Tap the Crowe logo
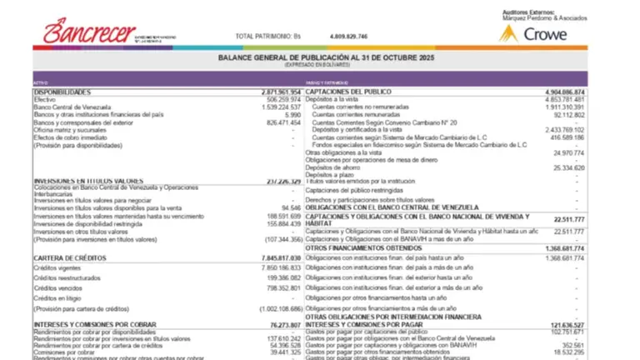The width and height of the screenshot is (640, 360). (533, 34)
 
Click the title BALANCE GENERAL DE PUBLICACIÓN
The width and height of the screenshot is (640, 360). (320, 57)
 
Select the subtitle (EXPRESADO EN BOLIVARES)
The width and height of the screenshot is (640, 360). (320, 64)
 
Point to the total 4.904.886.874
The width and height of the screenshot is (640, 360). (557, 92)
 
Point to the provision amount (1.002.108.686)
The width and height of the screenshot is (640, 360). (271, 308)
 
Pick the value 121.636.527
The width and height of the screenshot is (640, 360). (561, 324)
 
